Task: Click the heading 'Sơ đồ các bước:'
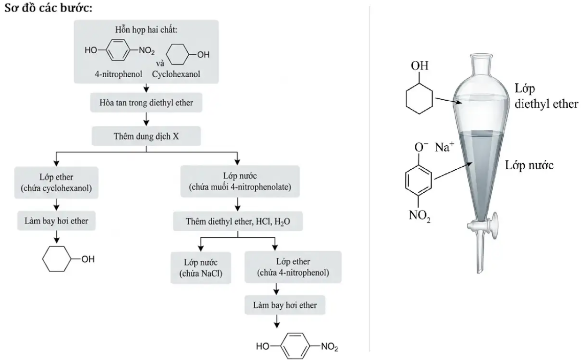click(49, 9)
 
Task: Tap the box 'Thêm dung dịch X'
click(146, 137)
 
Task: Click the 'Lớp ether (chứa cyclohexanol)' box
click(56, 183)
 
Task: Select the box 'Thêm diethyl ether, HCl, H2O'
click(238, 222)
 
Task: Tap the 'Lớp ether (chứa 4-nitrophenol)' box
click(293, 268)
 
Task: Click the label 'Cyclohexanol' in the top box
click(176, 74)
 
